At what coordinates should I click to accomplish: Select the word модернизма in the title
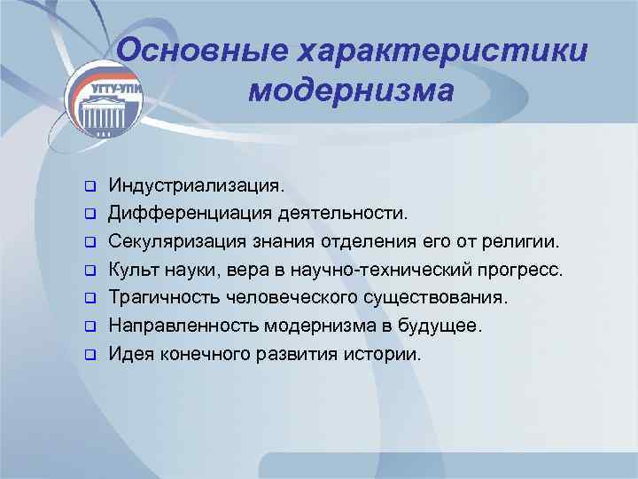[351, 91]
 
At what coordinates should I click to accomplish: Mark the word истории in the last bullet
[386, 353]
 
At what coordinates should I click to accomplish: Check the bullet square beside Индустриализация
[89, 187]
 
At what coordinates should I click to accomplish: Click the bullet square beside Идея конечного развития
[89, 354]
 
